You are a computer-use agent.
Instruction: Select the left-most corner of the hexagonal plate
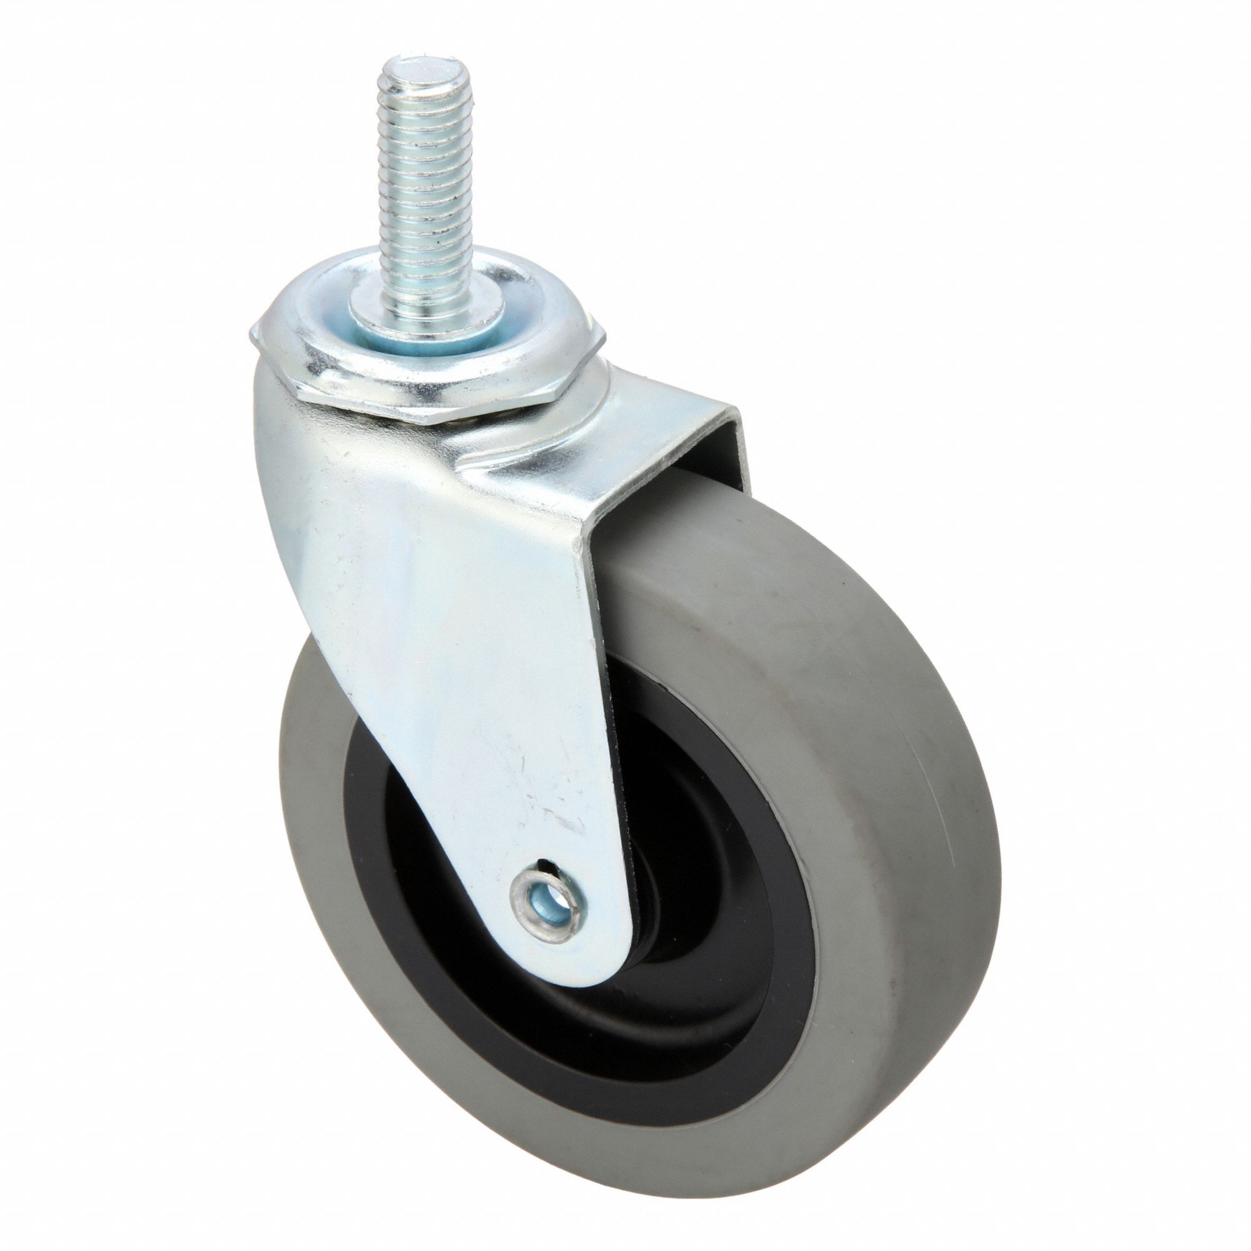point(251,337)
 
